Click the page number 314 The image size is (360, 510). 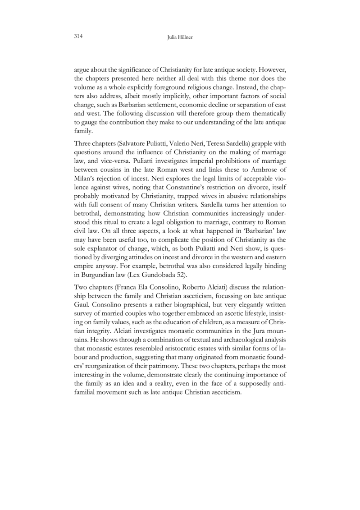(x=80, y=37)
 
